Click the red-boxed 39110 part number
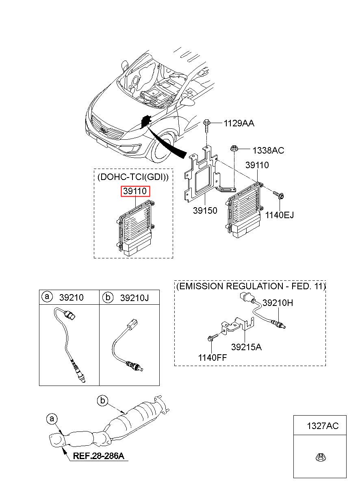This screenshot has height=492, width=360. click(x=135, y=191)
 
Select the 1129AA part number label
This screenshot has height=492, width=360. click(x=239, y=124)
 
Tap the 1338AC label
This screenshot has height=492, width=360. click(x=268, y=150)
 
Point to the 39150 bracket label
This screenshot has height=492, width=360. click(x=205, y=210)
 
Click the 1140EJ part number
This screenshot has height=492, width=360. click(x=280, y=215)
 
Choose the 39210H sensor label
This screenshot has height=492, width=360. click(x=278, y=303)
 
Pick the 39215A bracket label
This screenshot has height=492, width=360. click(x=246, y=347)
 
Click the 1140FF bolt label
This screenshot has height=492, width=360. click(x=212, y=358)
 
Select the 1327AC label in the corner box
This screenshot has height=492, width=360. click(x=323, y=426)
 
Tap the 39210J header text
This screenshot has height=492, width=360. click(x=134, y=298)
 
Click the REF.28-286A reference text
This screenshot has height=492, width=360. click(x=98, y=456)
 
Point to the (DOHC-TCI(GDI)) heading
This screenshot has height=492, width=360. click(x=133, y=177)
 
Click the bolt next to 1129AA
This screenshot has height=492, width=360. click(x=207, y=126)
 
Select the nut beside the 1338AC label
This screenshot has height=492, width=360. click(x=233, y=149)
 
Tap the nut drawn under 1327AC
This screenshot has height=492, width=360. click(x=321, y=458)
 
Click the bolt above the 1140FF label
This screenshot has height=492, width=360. click(x=213, y=338)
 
